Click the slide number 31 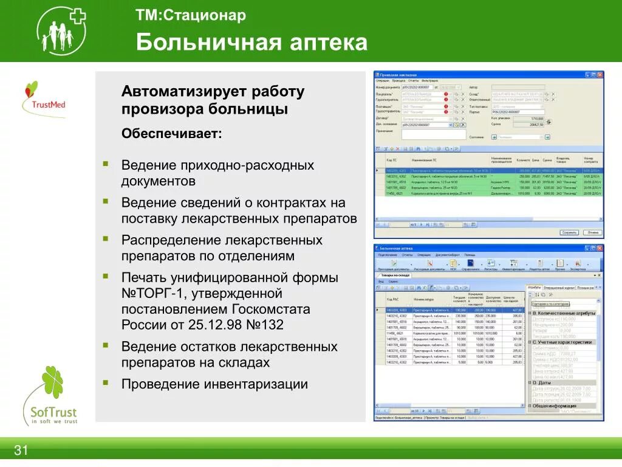(21, 451)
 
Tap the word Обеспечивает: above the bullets (172, 133)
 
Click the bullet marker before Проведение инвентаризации (106, 383)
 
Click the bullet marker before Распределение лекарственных (106, 239)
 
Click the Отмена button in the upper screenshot (592, 232)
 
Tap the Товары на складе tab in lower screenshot (395, 275)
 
